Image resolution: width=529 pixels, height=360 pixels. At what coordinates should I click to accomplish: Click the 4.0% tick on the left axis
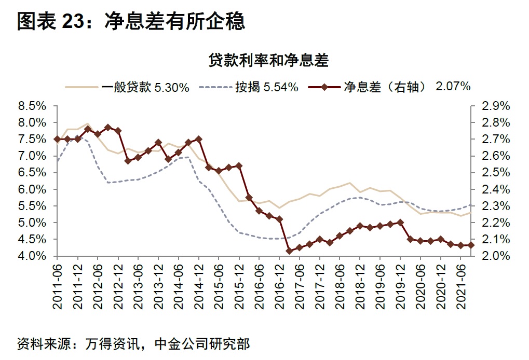point(32,256)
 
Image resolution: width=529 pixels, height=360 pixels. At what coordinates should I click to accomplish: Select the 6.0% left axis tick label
point(32,189)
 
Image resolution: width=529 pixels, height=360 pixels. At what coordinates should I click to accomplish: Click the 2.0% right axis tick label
point(496,256)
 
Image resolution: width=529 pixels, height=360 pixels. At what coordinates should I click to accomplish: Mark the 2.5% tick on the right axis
point(496,173)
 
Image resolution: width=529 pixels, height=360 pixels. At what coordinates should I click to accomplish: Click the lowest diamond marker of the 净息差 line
point(289,251)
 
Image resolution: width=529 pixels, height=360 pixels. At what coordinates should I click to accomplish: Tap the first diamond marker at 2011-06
point(57,139)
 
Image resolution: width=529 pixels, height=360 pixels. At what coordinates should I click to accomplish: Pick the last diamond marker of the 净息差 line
point(471,245)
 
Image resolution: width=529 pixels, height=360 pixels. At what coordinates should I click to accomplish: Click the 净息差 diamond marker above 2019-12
point(400,223)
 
